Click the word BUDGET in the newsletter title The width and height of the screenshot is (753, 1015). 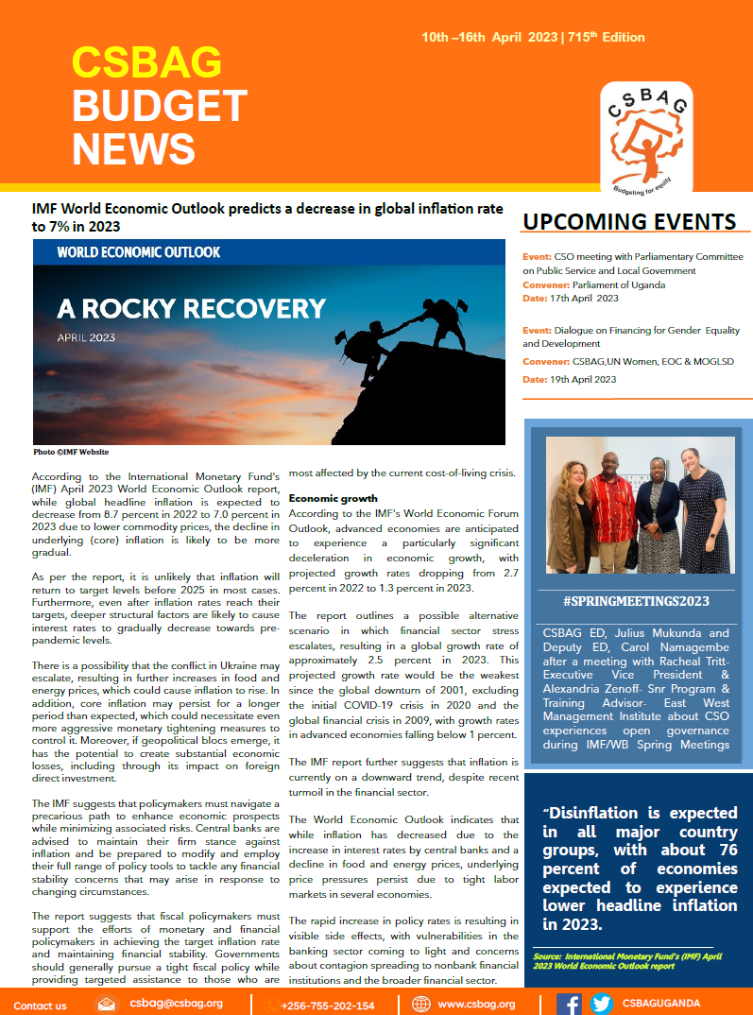(160, 106)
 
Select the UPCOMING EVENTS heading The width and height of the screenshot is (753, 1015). (629, 222)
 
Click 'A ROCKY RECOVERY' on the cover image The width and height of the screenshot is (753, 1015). (191, 308)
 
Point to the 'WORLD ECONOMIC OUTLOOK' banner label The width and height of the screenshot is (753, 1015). (139, 252)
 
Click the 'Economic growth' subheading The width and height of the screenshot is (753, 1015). (333, 498)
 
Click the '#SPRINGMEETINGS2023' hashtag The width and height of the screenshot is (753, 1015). (635, 601)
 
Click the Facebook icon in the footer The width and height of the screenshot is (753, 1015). (569, 1004)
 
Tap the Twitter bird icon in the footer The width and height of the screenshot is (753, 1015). (601, 1004)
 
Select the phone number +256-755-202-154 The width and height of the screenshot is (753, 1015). (327, 1006)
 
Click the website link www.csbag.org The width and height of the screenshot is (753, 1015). (476, 1005)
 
